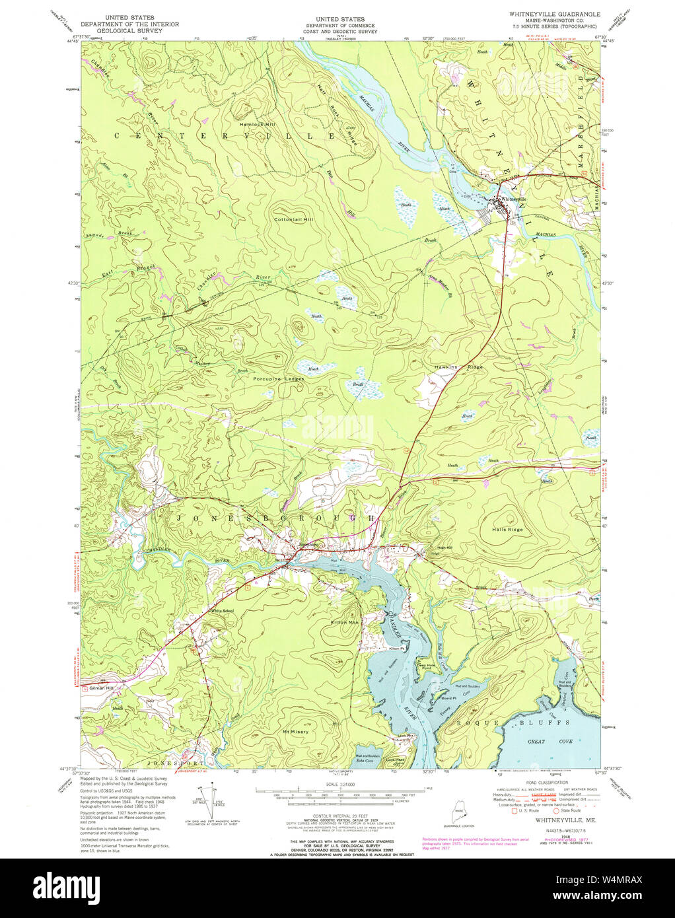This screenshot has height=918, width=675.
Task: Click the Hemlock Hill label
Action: pos(258,124)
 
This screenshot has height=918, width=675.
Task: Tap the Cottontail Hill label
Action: pos(294,219)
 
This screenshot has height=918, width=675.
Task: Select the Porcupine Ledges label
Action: pos(279,378)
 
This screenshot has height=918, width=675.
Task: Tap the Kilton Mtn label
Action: pos(345,622)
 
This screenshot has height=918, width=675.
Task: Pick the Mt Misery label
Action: pos(295,732)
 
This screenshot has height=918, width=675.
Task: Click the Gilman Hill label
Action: pos(102,688)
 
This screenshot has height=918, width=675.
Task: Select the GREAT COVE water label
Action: pos(541,742)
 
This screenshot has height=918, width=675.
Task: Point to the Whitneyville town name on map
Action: pos(515,199)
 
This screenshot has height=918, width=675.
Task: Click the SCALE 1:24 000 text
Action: pos(338,784)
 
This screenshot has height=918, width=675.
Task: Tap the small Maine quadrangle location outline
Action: pos(459,813)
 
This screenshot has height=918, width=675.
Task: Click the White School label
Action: pos(222,611)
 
